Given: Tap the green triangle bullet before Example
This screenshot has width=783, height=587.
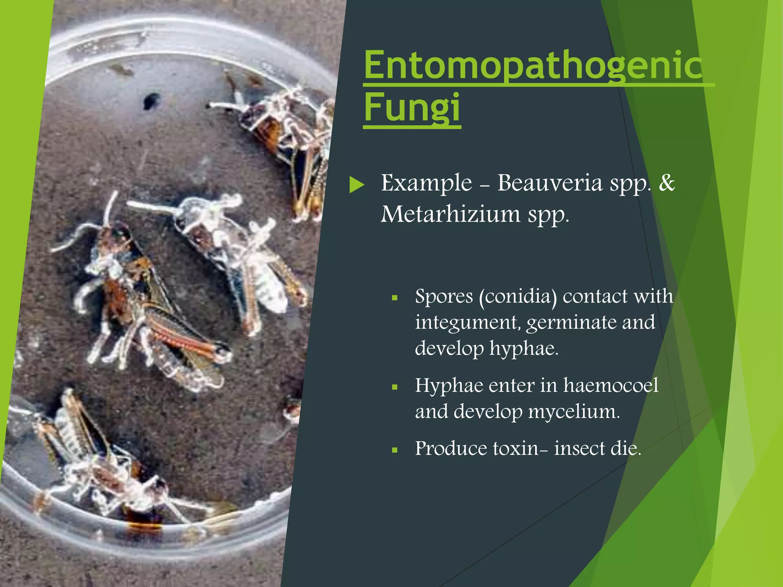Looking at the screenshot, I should (357, 185).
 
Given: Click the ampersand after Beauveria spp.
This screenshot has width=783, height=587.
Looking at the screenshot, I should (667, 183).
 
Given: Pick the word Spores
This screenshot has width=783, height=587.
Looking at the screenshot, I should (443, 297).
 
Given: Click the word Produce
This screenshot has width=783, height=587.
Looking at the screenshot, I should (451, 448).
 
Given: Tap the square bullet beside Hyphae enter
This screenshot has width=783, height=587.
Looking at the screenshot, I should (395, 387).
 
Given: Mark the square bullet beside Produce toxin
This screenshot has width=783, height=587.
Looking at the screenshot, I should (395, 450).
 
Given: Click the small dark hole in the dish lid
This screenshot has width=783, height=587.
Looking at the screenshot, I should (151, 100).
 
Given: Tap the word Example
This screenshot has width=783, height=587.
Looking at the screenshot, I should (426, 183).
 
